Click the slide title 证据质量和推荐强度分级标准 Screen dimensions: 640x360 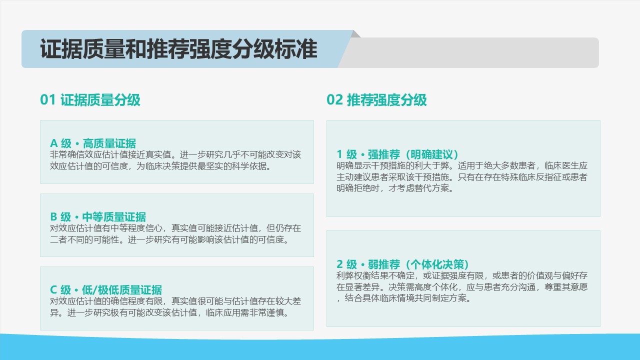click(x=179, y=49)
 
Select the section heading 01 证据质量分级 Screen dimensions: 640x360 click(x=90, y=100)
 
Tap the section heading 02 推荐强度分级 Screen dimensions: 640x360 click(x=376, y=100)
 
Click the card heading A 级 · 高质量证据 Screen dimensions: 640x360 click(x=93, y=143)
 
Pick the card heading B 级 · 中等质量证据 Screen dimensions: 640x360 click(x=98, y=217)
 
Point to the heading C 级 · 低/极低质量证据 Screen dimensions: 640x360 click(x=106, y=290)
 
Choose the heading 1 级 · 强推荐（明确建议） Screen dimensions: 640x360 click(x=397, y=154)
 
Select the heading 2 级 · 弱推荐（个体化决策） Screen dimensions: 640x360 click(x=402, y=264)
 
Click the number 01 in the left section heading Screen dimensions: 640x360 click(x=47, y=100)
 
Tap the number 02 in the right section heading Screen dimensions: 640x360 click(x=334, y=100)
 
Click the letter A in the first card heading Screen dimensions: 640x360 click(x=53, y=143)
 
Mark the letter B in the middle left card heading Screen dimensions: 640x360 click(x=53, y=217)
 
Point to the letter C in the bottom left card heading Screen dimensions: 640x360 click(x=53, y=290)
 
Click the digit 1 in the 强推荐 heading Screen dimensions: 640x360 click(x=339, y=154)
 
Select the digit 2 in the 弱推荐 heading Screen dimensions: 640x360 click(x=339, y=264)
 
